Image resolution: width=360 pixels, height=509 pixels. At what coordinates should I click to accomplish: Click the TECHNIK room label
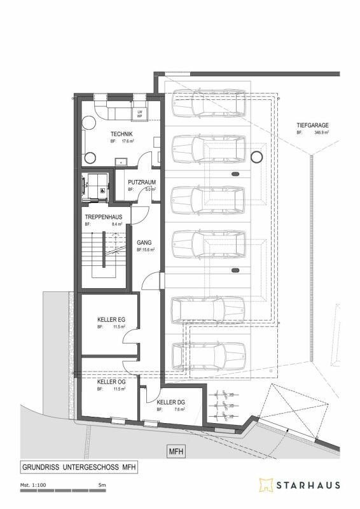pos(121,134)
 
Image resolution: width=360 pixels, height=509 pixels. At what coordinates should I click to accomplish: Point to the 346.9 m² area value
pos(323,134)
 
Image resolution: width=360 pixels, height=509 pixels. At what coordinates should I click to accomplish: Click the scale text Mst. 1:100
pos(33,485)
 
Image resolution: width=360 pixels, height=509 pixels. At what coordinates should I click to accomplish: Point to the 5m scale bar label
pos(101,485)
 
